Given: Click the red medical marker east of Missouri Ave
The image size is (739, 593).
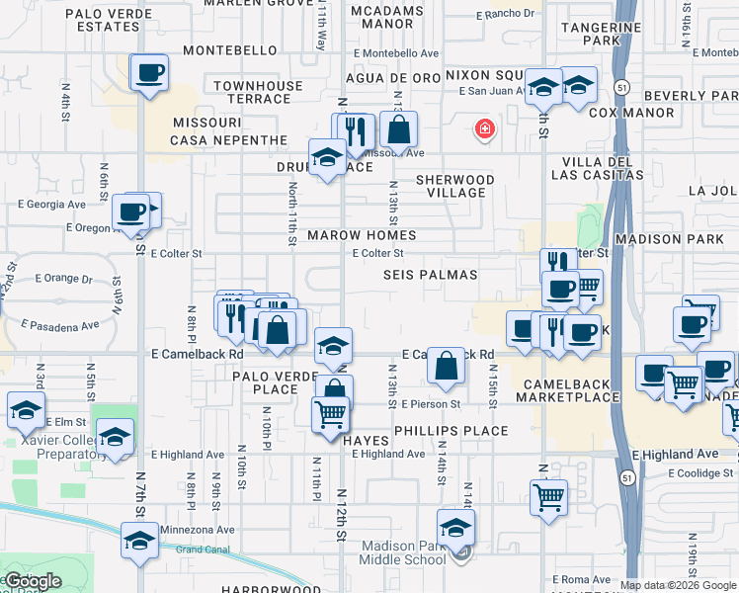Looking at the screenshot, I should click(484, 128).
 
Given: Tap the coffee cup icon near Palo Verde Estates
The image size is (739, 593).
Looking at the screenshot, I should click(150, 74).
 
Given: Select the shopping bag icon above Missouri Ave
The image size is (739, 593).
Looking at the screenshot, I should click(398, 128).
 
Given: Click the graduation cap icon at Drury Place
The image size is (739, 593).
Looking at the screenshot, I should click(326, 157).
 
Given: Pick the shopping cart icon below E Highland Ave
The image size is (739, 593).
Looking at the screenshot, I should click(548, 496).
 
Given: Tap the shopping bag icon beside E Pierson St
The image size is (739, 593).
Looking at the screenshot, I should click(447, 366).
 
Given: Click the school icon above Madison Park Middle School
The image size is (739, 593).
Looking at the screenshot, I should click(455, 526).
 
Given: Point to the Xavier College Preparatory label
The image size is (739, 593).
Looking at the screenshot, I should click(53, 447).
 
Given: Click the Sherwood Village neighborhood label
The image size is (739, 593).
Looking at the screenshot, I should click(454, 186).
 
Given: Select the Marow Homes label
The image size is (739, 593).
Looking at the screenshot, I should click(361, 236).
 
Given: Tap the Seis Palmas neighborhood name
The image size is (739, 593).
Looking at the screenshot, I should click(431, 275).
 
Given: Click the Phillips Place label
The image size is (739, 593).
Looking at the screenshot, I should click(451, 431).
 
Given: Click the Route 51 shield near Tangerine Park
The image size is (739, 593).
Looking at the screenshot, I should click(619, 86).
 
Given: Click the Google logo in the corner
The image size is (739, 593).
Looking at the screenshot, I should click(33, 581).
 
